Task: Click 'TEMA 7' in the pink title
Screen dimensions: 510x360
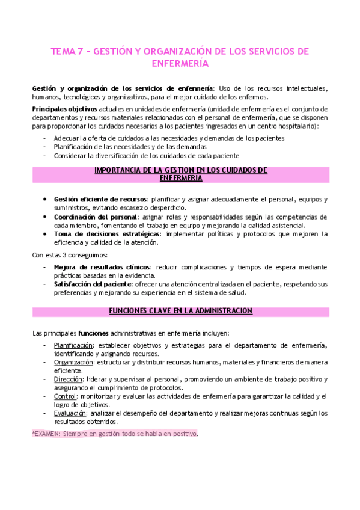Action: point(67,51)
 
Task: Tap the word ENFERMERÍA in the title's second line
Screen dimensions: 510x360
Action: point(180,63)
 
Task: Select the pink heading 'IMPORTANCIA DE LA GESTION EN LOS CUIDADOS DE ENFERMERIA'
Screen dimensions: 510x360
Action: point(180,174)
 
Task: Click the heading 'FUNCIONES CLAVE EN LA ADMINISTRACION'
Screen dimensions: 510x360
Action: point(180,310)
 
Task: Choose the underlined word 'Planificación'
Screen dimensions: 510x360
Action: point(73,345)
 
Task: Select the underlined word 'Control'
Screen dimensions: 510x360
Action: point(65,396)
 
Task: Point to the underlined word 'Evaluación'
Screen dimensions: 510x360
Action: point(70,413)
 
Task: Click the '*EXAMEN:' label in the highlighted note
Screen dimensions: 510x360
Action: point(46,433)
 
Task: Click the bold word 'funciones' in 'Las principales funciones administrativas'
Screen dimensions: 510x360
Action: point(94,333)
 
